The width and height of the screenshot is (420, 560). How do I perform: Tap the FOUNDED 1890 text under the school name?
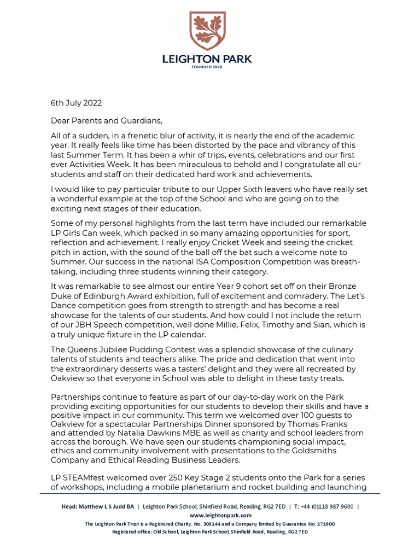pos(209,67)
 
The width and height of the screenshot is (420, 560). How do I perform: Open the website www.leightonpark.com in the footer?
pos(220,515)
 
